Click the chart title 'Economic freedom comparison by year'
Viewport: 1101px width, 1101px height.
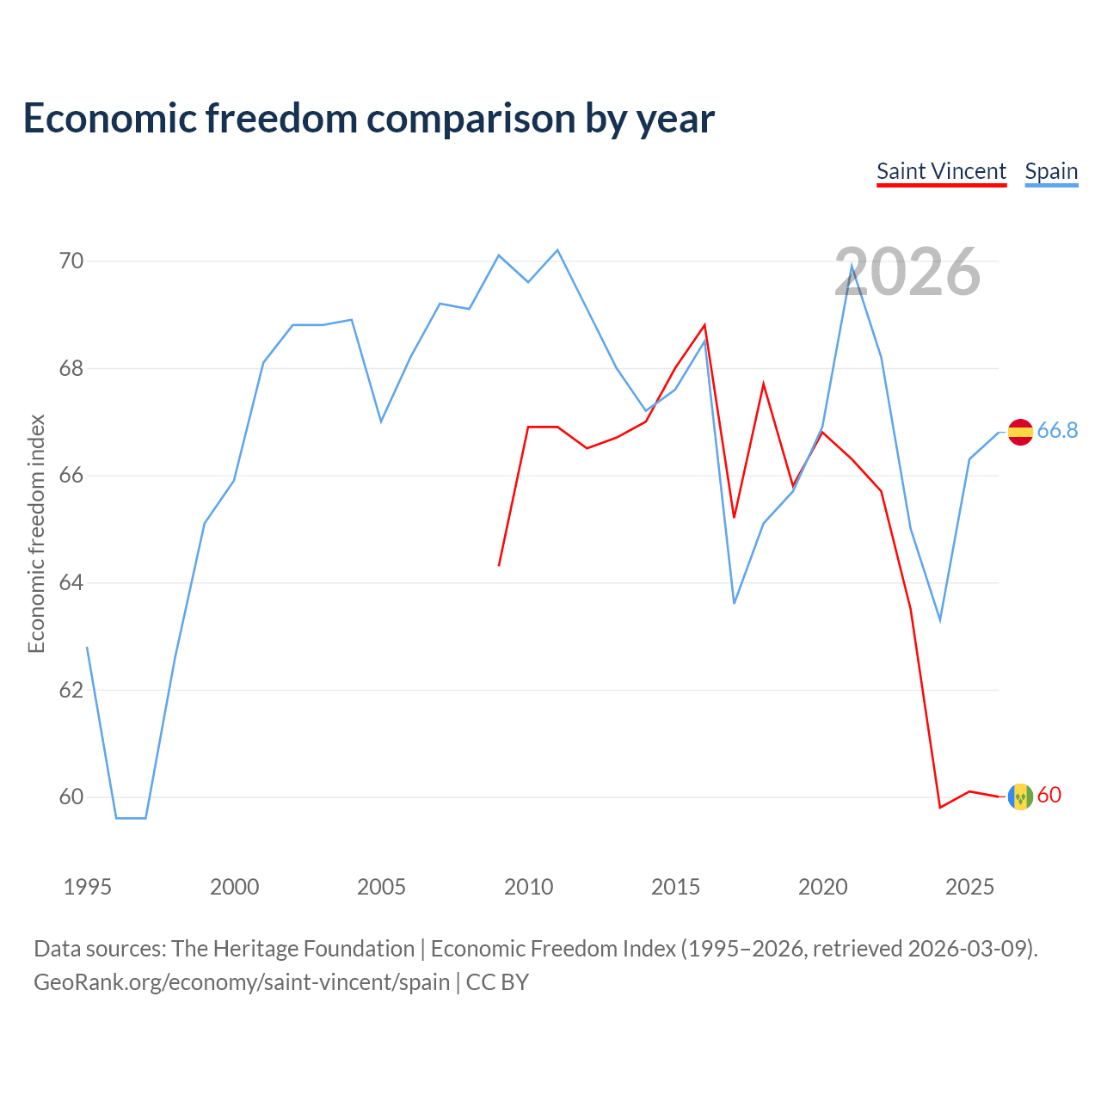pos(368,119)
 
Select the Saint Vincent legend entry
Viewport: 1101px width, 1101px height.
pos(941,172)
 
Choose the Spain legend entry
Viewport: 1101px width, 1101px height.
pos(1051,172)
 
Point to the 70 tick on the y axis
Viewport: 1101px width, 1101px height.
pos(71,261)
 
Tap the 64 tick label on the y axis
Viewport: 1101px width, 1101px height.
pos(71,583)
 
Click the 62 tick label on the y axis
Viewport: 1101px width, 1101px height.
pos(71,690)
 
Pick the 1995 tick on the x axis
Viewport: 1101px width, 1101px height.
pos(88,887)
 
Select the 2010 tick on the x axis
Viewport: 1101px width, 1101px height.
pos(528,887)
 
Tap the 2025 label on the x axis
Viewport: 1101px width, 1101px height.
pos(969,887)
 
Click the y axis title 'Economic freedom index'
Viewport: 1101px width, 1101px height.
pos(37,533)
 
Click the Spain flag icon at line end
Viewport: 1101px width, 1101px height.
pos(1020,432)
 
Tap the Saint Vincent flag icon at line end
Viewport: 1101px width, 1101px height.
pos(1020,797)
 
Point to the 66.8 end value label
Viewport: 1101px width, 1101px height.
pos(1057,430)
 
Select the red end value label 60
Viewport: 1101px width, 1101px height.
pos(1049,795)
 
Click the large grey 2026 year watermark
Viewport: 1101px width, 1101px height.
pos(907,272)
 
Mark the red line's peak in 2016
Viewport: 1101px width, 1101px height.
pos(705,325)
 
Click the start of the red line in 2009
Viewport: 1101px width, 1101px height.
pos(499,566)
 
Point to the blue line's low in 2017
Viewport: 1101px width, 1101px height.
pos(735,603)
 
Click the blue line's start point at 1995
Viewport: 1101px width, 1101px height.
pos(87,648)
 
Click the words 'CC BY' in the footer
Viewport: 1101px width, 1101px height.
pos(497,982)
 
